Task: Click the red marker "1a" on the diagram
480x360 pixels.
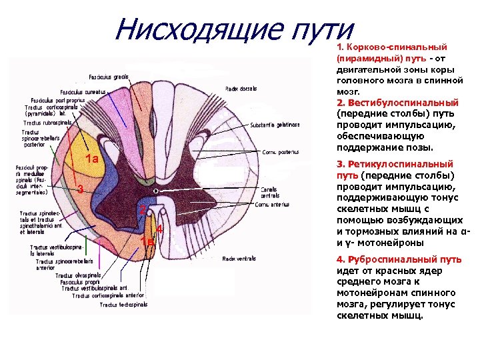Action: (92, 159)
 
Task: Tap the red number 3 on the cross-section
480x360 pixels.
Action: (79, 189)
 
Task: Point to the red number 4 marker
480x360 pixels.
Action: (160, 229)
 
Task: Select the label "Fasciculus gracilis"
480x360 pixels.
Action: (110, 77)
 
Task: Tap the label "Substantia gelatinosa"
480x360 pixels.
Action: (270, 125)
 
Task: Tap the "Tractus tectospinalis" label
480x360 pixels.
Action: (123, 305)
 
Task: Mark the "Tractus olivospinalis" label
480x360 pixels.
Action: (79, 275)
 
